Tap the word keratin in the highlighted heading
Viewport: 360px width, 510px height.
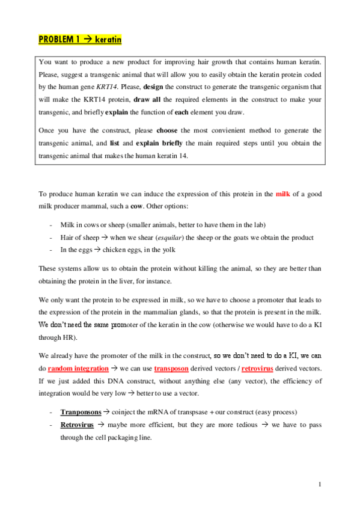pyautogui.click(x=108, y=40)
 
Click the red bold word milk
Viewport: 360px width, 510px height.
pyautogui.click(x=282, y=194)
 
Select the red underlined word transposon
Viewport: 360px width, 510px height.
pyautogui.click(x=172, y=351)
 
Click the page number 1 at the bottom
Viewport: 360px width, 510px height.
pyautogui.click(x=322, y=484)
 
